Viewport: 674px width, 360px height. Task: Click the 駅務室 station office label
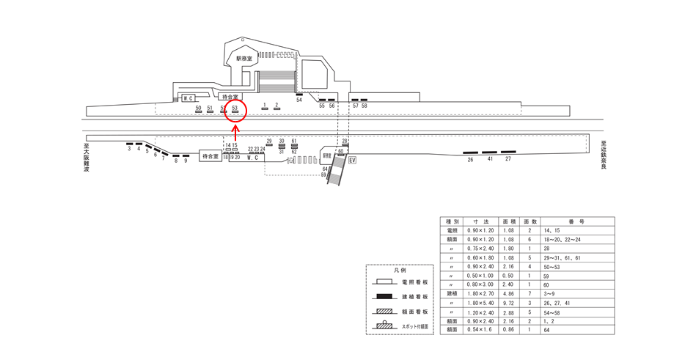coord(243,58)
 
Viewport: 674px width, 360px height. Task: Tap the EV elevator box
coord(352,160)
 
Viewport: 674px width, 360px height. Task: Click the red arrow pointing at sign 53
coord(235,132)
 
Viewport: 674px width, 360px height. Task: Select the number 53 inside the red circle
coord(235,108)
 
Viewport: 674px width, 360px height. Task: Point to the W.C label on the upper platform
coord(187,98)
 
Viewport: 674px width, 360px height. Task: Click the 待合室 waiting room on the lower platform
coord(210,156)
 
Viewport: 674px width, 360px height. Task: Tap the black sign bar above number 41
coord(489,153)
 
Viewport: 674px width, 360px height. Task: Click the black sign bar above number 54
coord(299,95)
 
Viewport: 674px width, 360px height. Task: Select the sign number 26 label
coord(470,159)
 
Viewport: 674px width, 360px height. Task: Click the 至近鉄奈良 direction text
coord(603,155)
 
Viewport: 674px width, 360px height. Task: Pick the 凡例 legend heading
coord(399,270)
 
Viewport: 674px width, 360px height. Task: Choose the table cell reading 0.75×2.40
coord(482,249)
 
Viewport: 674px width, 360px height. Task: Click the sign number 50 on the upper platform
coord(198,108)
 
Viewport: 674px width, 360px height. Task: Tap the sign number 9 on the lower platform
coord(186,161)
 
